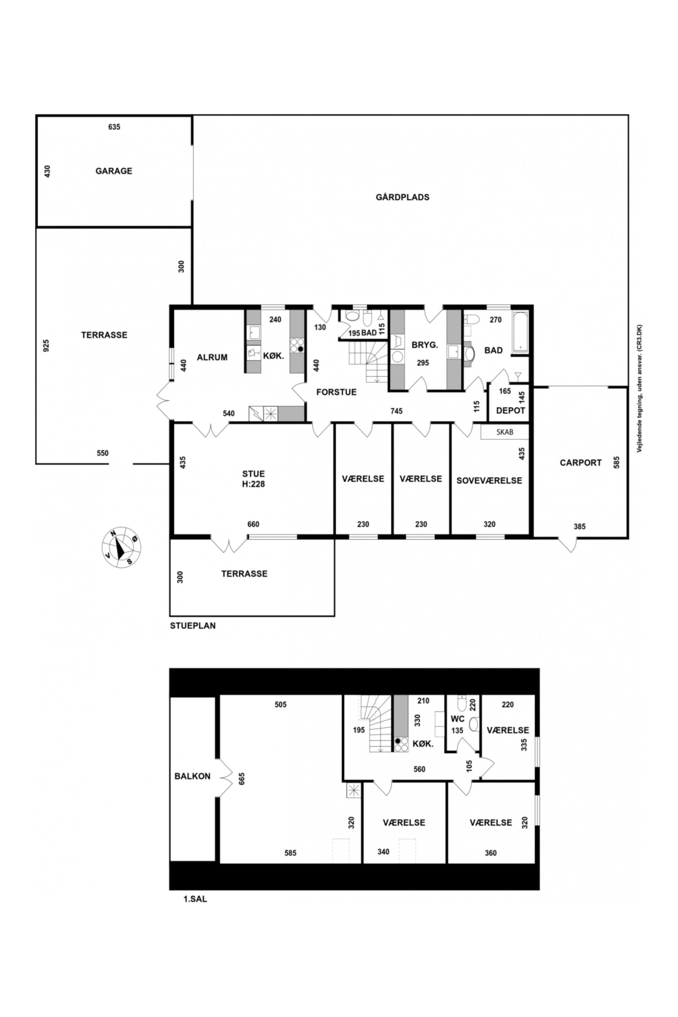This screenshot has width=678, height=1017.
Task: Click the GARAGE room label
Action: point(114,171)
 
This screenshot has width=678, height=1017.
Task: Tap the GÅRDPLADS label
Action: point(403,197)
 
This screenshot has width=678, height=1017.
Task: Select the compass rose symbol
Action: point(121,547)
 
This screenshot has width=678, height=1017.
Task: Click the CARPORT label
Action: point(581,463)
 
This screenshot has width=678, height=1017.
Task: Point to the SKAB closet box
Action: point(505,432)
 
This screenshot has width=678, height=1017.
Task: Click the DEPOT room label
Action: point(511,410)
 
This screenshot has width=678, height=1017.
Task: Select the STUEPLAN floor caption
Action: point(193,625)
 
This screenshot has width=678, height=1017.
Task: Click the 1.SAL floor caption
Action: point(196,899)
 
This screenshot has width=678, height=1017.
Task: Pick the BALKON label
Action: point(193,776)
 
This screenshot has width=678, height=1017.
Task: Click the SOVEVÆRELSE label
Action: point(490,480)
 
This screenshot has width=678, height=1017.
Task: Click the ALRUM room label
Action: point(212,357)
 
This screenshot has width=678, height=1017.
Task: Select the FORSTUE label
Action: point(336,392)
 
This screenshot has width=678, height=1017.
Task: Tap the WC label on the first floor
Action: point(457,719)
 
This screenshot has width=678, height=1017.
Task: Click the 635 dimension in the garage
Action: point(114,127)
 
